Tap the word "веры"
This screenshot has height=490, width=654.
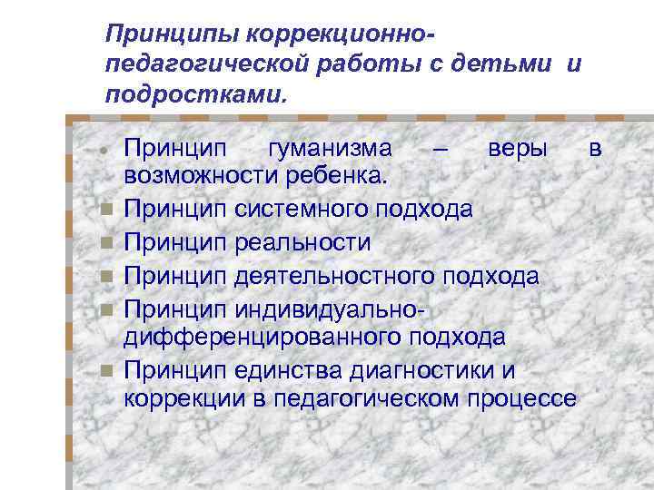(517, 148)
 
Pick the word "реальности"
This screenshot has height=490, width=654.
(302, 242)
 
